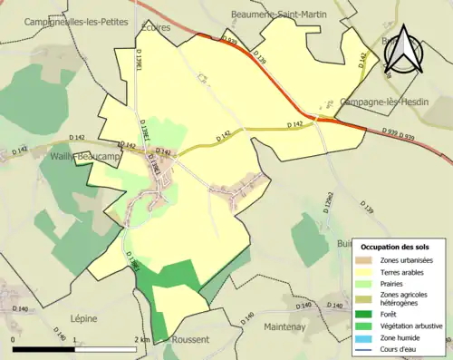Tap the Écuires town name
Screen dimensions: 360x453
(156, 28)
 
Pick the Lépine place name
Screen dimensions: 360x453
(83, 318)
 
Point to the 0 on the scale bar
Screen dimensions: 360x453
(14, 339)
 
